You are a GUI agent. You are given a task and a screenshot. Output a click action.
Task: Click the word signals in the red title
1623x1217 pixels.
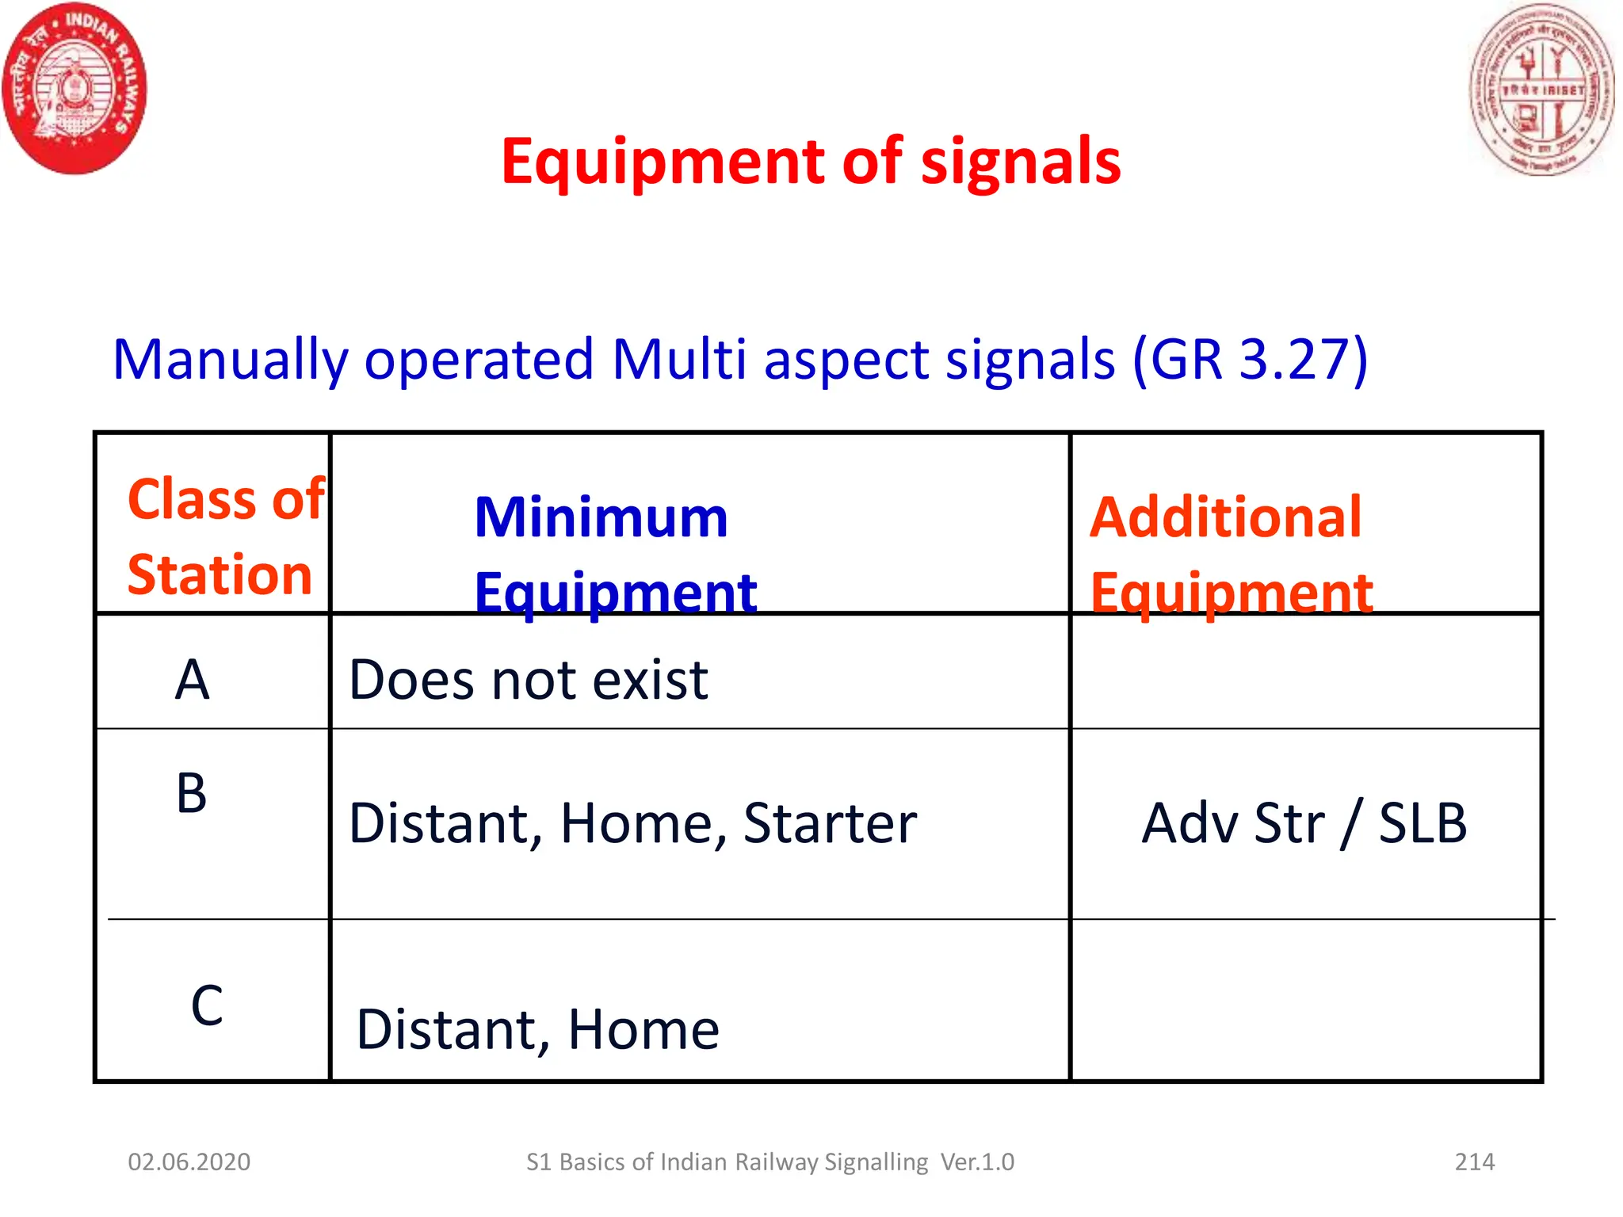pyautogui.click(x=1020, y=162)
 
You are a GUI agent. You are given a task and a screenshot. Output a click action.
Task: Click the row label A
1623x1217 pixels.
pyautogui.click(x=192, y=680)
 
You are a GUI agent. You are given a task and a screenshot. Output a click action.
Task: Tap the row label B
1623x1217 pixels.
pyautogui.click(x=192, y=793)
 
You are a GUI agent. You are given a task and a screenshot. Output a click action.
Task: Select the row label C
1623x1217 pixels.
pyautogui.click(x=207, y=1005)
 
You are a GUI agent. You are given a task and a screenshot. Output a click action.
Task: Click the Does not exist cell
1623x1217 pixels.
pyautogui.click(x=529, y=680)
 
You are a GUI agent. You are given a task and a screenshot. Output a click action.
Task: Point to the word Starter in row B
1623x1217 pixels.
pyautogui.click(x=830, y=823)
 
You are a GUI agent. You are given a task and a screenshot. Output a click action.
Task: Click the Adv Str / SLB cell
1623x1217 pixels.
pyautogui.click(x=1304, y=823)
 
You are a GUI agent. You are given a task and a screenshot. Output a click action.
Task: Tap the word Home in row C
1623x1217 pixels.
pyautogui.click(x=643, y=1029)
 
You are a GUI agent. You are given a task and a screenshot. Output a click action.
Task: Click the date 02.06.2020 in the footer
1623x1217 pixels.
pyautogui.click(x=189, y=1162)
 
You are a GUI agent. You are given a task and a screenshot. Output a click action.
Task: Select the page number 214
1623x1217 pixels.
pyautogui.click(x=1474, y=1162)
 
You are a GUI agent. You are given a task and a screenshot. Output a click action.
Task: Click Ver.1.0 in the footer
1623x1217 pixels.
pyautogui.click(x=977, y=1162)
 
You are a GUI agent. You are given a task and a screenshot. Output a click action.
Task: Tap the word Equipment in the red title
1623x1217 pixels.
pyautogui.click(x=662, y=162)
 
